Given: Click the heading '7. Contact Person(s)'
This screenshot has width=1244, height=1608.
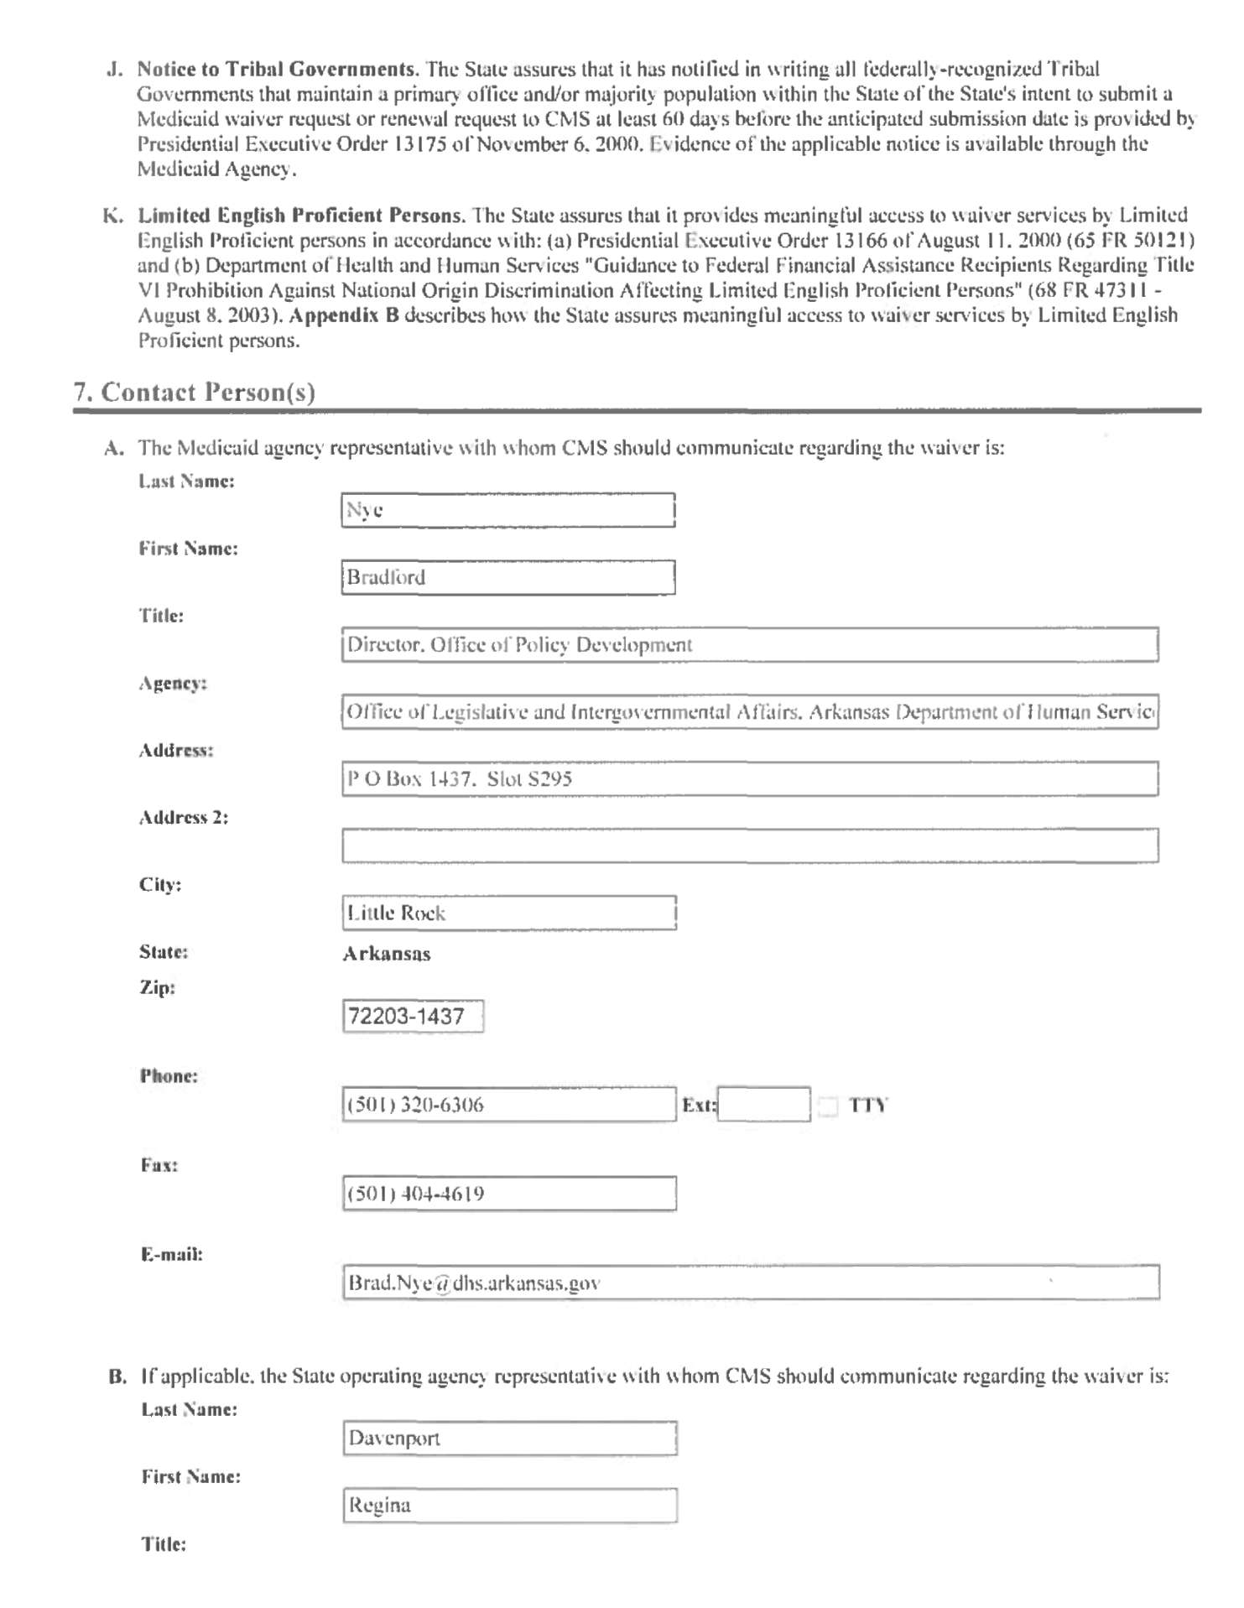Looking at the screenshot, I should [195, 393].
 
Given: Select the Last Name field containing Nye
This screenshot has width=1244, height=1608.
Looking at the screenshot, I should [507, 510].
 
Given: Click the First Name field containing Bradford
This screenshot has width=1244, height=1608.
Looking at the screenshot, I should [507, 577].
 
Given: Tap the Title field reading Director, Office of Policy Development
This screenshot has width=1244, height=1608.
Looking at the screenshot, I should [749, 644].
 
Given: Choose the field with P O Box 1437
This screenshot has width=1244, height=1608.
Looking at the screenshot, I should [749, 778].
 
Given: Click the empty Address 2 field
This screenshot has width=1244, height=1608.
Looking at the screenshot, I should [749, 846].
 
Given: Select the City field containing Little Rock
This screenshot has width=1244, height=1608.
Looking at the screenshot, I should [508, 913].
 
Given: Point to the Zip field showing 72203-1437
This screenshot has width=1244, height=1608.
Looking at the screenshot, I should [413, 1017].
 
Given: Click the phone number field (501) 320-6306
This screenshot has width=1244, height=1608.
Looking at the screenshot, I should [508, 1105].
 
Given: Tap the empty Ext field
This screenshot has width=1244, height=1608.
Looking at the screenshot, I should [764, 1105].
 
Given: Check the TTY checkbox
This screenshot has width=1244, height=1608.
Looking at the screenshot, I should [828, 1106].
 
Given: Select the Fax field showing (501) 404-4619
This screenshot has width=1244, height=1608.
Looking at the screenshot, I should [508, 1194].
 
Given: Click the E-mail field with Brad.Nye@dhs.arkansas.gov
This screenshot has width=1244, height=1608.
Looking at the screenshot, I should [751, 1283].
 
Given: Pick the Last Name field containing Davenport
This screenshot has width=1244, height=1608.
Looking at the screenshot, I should [509, 1438].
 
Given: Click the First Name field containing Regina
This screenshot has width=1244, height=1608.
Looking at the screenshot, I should [509, 1505].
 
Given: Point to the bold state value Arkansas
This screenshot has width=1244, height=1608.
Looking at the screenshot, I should [387, 954].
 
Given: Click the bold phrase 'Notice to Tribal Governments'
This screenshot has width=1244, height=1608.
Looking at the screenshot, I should [277, 69].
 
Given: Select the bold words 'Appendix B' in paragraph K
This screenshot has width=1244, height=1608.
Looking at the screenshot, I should [344, 315].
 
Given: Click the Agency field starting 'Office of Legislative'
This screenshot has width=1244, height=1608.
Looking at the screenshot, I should [749, 711].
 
